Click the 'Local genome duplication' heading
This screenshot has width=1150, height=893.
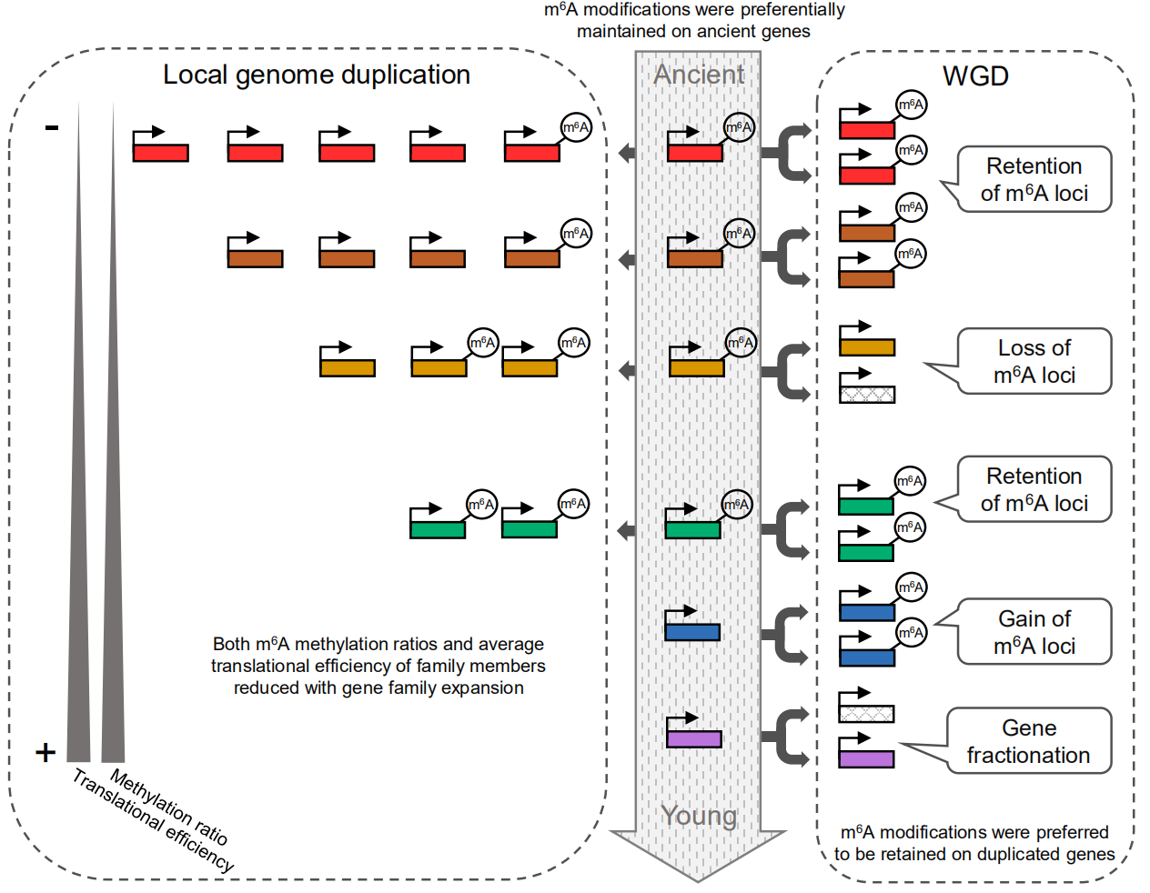(316, 75)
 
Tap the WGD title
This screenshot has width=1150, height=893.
(975, 75)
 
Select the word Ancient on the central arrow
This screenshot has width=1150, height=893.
(699, 75)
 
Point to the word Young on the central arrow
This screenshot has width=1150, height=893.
(699, 816)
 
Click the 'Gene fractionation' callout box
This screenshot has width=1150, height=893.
(1029, 741)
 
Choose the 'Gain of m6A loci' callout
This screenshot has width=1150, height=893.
(1034, 632)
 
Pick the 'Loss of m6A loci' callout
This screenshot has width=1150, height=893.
(1034, 361)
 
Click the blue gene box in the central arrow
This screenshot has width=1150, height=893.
(692, 632)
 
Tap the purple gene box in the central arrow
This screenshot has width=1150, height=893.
(694, 738)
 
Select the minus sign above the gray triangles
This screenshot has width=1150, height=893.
(52, 128)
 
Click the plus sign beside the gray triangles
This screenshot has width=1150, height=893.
(45, 752)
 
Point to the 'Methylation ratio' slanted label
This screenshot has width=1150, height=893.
(169, 806)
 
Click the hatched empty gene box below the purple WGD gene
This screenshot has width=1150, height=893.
(866, 713)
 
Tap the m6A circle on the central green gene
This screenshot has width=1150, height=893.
(737, 504)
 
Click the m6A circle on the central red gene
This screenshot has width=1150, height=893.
(739, 127)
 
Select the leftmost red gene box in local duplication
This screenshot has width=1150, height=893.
(161, 152)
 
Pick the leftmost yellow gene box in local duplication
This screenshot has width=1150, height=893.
(348, 367)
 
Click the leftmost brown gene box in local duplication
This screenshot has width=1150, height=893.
(255, 258)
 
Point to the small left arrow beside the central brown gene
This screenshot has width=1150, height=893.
(627, 260)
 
